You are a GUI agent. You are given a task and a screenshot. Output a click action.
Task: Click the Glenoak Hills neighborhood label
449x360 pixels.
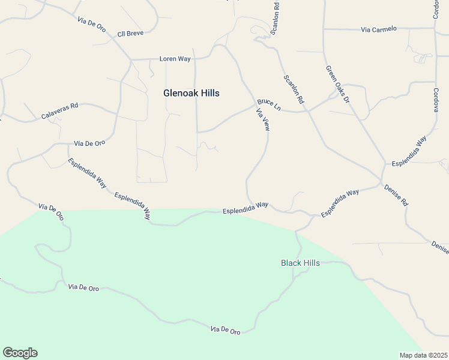[x=191, y=93]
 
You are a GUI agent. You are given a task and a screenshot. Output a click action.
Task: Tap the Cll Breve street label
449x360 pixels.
[x=130, y=33]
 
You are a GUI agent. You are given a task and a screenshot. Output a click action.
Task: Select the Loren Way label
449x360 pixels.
[x=175, y=59]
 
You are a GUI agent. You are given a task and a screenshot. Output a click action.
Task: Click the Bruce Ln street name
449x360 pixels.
[x=269, y=104]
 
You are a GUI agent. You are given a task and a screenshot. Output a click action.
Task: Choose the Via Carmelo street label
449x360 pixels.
[x=379, y=29]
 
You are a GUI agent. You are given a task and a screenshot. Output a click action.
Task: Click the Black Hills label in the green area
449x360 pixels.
[x=300, y=263]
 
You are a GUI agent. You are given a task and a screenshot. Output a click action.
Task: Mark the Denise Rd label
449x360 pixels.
[x=397, y=194]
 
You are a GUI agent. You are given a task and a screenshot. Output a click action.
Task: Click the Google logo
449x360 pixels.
[x=20, y=353]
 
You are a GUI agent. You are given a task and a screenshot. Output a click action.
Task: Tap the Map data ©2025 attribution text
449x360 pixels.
[x=423, y=355]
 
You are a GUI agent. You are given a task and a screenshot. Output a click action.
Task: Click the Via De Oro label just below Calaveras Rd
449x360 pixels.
[x=89, y=143]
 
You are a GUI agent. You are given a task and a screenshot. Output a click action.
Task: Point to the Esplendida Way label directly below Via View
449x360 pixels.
[x=245, y=208]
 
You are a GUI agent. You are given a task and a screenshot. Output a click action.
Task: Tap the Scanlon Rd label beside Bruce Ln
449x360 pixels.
[x=294, y=91]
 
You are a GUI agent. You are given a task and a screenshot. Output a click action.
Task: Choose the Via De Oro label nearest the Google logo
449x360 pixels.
[x=83, y=288]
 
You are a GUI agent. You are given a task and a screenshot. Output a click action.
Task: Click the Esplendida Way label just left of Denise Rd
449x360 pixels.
[x=339, y=203]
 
